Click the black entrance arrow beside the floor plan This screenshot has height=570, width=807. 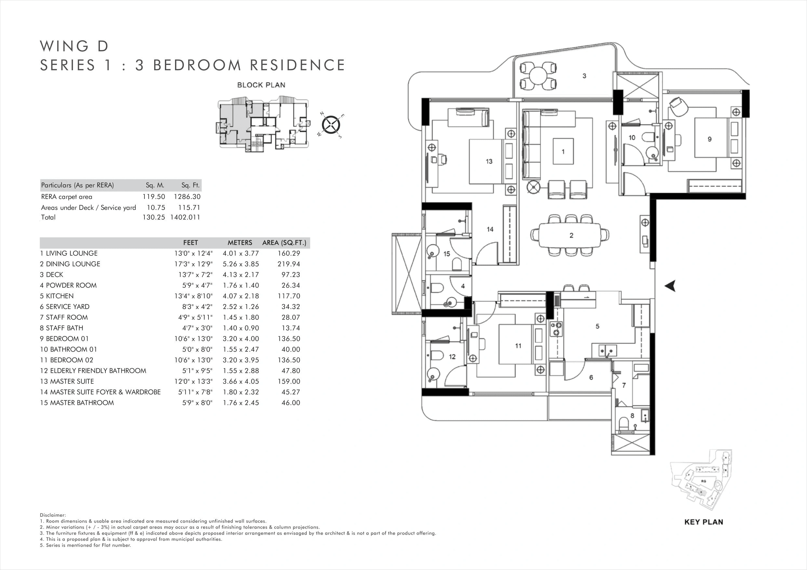click(x=670, y=286)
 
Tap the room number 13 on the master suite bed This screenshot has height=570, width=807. click(x=489, y=162)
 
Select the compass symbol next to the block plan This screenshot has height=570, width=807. click(x=331, y=125)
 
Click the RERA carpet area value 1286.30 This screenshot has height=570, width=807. click(x=187, y=197)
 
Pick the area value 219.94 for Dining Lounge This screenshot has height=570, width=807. click(x=289, y=264)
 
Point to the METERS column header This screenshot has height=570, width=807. click(x=240, y=243)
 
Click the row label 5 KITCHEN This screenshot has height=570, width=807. click(x=57, y=296)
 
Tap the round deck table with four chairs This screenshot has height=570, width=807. click(x=538, y=76)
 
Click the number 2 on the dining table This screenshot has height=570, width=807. click(x=571, y=235)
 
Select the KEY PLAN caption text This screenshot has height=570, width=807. click(x=704, y=522)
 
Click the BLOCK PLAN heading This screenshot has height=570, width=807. click(x=261, y=85)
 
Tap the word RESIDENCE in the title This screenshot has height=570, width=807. click(x=297, y=65)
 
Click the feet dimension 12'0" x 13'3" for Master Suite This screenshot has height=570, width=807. click(x=193, y=382)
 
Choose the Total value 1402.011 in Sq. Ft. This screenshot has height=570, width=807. click(x=185, y=217)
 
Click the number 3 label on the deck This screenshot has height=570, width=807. click(x=584, y=76)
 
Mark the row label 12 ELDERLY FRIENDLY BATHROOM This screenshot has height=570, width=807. click(x=93, y=371)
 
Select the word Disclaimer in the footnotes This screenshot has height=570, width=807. click(x=52, y=515)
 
